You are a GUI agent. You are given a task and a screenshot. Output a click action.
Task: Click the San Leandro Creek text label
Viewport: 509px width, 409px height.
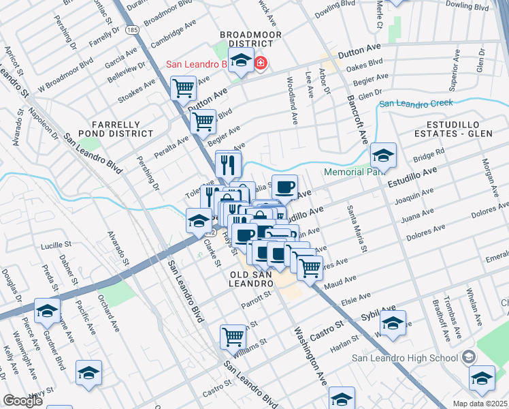point(415,104)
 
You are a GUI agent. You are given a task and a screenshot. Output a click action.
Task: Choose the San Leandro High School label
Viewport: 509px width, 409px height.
point(404,357)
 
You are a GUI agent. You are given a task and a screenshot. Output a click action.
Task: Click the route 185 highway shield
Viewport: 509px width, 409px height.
point(133,31)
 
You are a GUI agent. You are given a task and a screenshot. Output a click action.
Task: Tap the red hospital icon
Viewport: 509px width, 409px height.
point(261,64)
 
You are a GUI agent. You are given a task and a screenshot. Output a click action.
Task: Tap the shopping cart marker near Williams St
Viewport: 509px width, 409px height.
point(233,336)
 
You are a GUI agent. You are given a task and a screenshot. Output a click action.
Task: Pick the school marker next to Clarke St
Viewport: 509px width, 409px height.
point(199,219)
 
